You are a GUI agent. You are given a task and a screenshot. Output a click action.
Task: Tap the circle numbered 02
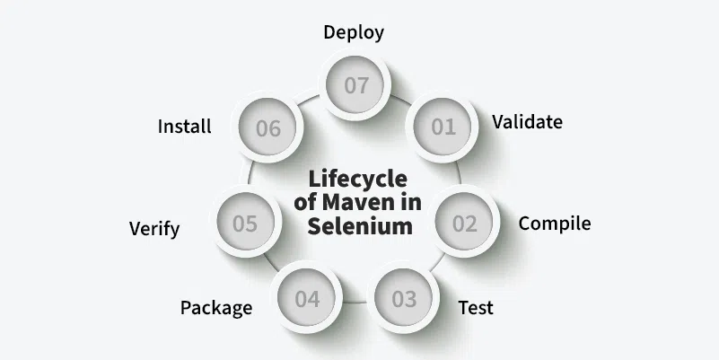click(465, 224)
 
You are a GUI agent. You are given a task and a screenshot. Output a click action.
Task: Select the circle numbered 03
click(405, 299)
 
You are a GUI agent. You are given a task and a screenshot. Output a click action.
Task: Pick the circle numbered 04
click(307, 299)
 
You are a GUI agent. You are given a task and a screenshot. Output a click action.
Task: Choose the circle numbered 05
click(245, 224)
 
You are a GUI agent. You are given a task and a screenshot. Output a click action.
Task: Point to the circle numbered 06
click(267, 128)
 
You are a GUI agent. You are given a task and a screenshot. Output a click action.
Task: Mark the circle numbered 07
click(356, 86)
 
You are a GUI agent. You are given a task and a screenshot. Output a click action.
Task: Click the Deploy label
click(354, 33)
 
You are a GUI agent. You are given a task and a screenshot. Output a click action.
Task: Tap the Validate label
click(528, 122)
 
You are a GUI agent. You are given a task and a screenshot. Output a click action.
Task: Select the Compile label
click(555, 224)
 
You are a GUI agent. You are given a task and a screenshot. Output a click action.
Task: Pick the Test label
click(476, 308)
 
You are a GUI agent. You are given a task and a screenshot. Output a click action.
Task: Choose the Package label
click(216, 308)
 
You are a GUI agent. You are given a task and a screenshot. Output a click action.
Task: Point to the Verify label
click(154, 229)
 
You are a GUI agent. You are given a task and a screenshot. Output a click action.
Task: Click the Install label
click(185, 127)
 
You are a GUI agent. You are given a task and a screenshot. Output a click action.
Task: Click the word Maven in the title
click(364, 202)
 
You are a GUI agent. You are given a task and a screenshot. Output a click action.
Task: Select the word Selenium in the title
click(360, 226)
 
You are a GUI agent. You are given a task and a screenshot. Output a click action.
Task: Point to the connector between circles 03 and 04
click(355, 303)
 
